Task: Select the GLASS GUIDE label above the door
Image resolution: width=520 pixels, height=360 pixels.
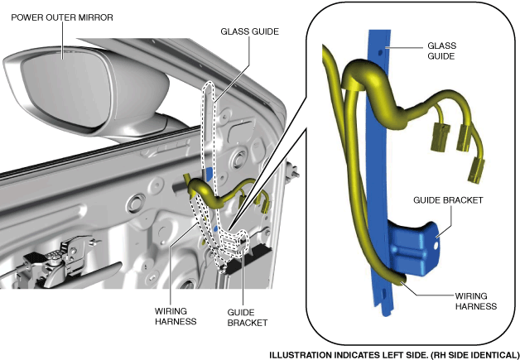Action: click(249, 31)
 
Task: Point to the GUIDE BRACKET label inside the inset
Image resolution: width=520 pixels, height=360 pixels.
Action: click(447, 199)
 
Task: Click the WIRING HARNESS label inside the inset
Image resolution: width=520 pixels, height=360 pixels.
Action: click(476, 300)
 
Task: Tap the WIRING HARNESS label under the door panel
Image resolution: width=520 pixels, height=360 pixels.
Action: click(175, 317)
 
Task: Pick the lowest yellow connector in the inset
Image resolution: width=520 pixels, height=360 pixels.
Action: click(477, 172)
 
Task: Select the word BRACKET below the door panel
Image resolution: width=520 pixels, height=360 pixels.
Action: click(246, 324)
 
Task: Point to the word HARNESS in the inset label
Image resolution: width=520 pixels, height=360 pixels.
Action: click(476, 305)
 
